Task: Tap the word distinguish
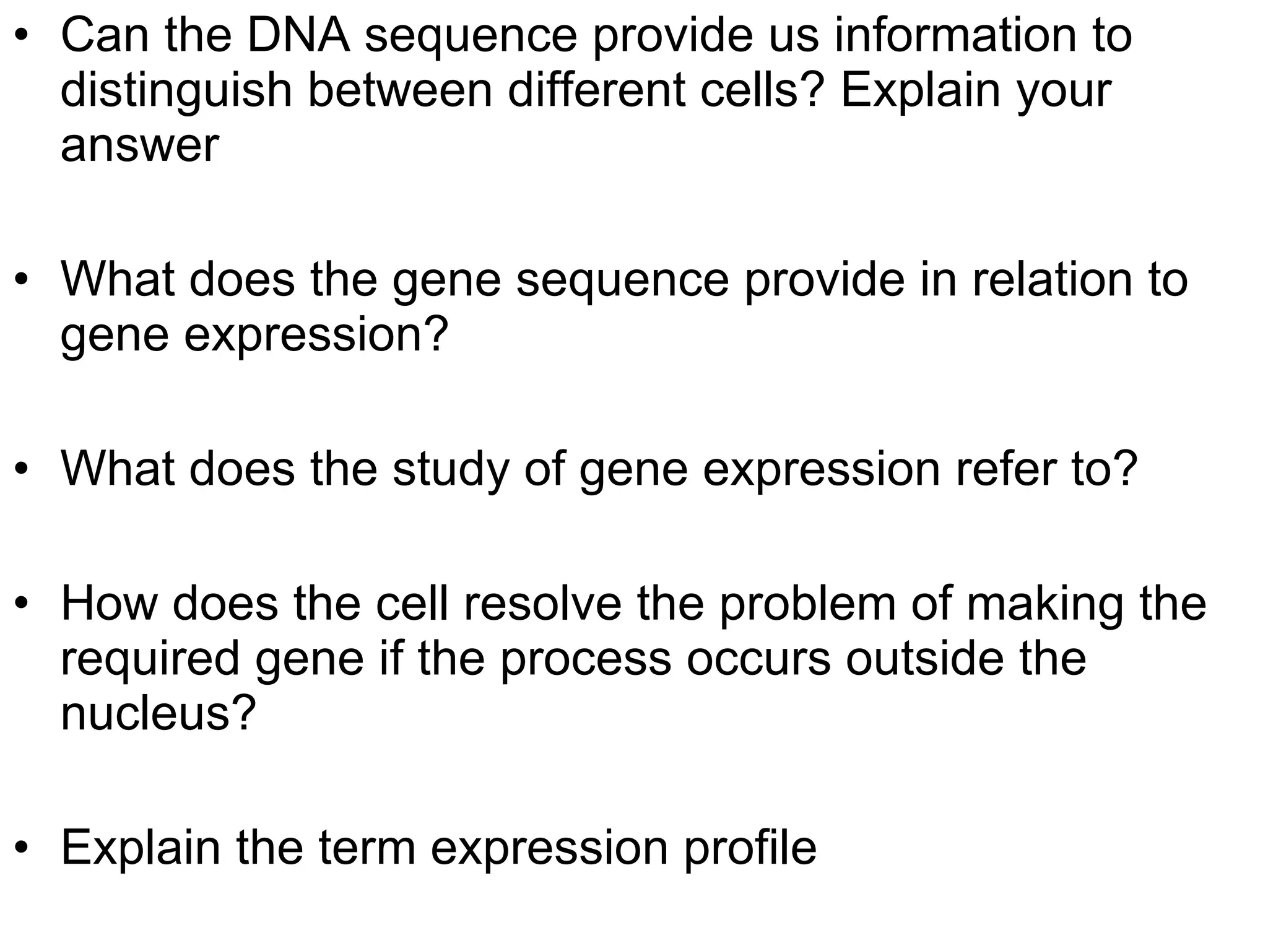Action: click(x=176, y=91)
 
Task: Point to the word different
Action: click(x=596, y=90)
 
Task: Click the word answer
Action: click(x=140, y=146)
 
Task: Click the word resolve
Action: click(x=542, y=604)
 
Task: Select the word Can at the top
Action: click(x=105, y=36)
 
